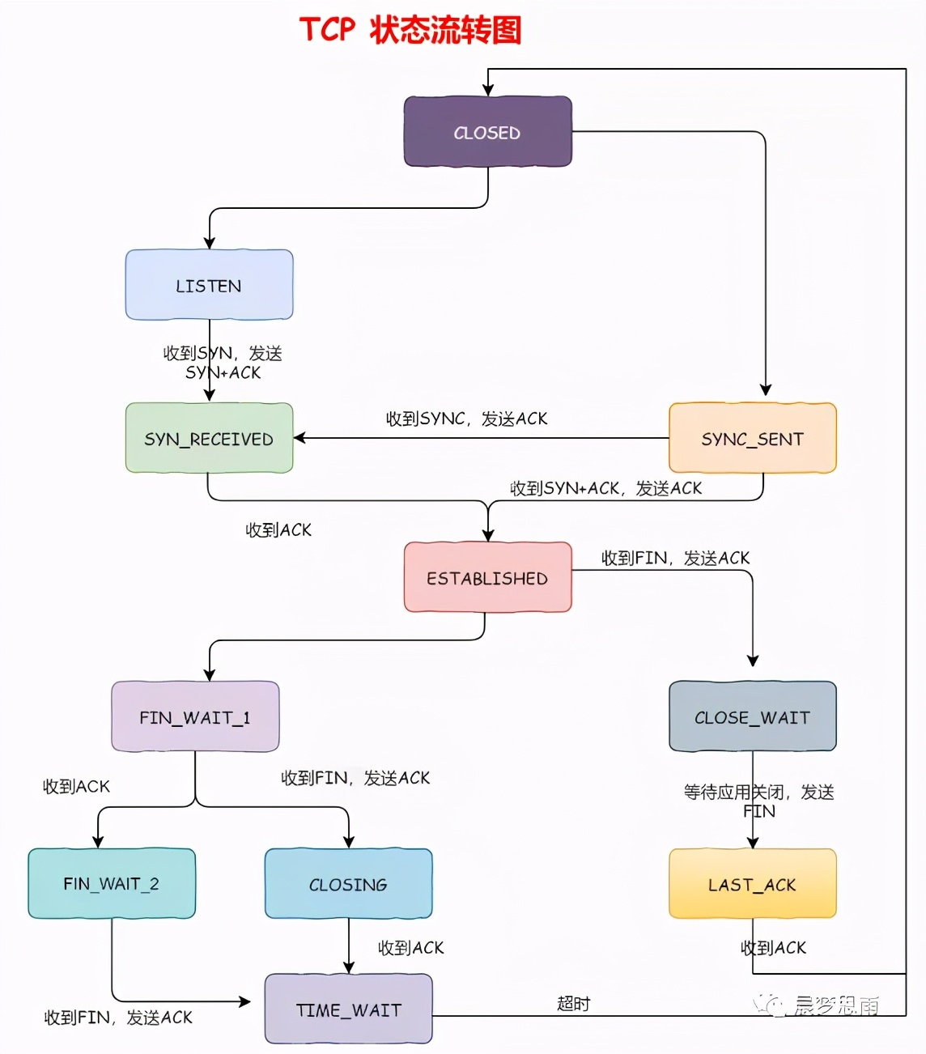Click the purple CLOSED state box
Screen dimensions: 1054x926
tap(487, 132)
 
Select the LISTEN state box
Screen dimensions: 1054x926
tap(209, 285)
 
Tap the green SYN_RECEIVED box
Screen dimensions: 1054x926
tap(209, 438)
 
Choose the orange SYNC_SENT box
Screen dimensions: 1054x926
tap(752, 438)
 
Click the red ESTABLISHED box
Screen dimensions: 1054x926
tap(487, 577)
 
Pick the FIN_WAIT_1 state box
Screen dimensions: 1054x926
tap(195, 716)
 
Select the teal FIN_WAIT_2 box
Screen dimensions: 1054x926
tap(112, 883)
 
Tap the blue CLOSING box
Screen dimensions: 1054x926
tap(348, 883)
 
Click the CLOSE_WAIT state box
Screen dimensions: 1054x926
tap(752, 716)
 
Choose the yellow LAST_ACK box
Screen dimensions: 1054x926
tap(752, 883)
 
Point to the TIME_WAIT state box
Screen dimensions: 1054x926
tap(348, 1009)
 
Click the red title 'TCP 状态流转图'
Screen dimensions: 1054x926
tap(410, 30)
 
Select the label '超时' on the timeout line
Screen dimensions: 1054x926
tap(574, 1004)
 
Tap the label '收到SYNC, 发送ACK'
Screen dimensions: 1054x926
tap(466, 419)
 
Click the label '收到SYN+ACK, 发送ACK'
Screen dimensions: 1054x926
tap(605, 488)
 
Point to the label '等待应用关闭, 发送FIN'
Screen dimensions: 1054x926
tap(758, 801)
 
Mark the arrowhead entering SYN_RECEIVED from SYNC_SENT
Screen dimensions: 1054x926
tap(299, 438)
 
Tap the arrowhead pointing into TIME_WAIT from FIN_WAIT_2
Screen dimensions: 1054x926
tap(245, 1001)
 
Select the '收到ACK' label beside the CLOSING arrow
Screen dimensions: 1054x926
tap(410, 947)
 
